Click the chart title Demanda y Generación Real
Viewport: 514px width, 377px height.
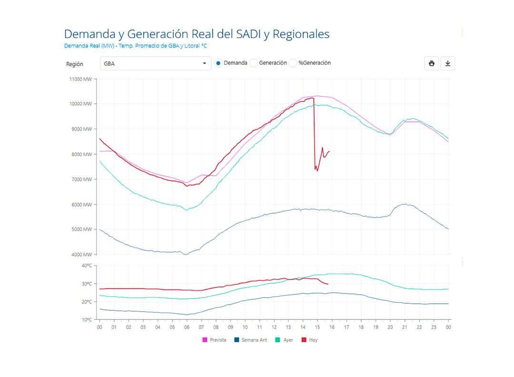(197, 34)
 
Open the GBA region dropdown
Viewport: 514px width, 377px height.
(156, 63)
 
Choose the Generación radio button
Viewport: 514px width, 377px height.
(254, 63)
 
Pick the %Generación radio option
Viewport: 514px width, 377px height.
(293, 63)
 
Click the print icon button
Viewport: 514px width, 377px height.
(431, 63)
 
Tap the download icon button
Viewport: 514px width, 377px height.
(447, 63)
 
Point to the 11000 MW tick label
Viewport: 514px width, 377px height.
(81, 79)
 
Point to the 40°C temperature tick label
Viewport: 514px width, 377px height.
(87, 266)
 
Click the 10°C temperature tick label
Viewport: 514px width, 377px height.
(87, 319)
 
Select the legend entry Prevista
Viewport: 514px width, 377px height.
(215, 340)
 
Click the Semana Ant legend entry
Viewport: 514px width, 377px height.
(251, 340)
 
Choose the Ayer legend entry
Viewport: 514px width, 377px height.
(285, 340)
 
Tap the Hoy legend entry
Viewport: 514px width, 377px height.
(310, 340)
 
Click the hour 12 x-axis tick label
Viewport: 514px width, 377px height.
(274, 327)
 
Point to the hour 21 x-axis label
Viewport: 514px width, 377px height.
(405, 327)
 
